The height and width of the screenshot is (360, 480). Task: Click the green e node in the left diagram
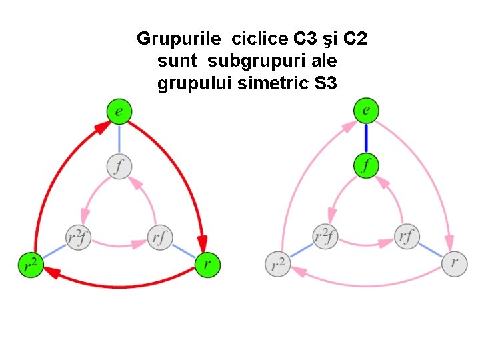pos(119,111)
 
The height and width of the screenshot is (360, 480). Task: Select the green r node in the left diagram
pos(207,265)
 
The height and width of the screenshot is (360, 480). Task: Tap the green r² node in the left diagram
pos(31,265)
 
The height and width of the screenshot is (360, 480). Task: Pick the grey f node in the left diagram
pos(119,165)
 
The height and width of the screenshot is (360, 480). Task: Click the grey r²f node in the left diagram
pos(78,237)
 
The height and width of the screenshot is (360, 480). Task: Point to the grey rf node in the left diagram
pos(159,237)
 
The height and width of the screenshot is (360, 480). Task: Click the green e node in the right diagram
pos(366,110)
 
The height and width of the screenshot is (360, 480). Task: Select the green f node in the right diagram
pos(366,165)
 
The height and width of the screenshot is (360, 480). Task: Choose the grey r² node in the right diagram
pos(277,265)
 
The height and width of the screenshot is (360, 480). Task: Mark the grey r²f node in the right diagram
pos(325,237)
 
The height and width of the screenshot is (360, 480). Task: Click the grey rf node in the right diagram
pos(407,237)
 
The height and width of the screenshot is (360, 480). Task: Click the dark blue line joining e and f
pos(366,137)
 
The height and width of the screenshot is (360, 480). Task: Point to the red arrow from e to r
pos(184,167)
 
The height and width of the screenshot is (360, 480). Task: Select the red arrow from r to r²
pos(120,285)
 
